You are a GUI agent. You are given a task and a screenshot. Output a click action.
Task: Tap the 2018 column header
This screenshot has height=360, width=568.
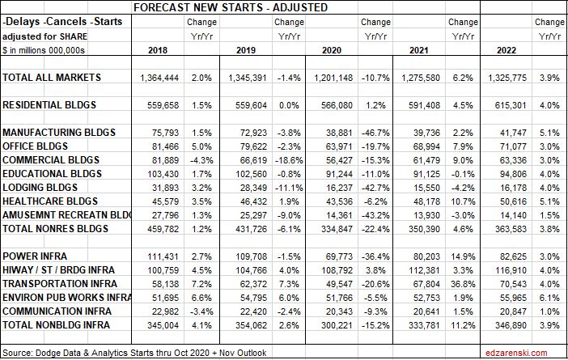click(159, 50)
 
